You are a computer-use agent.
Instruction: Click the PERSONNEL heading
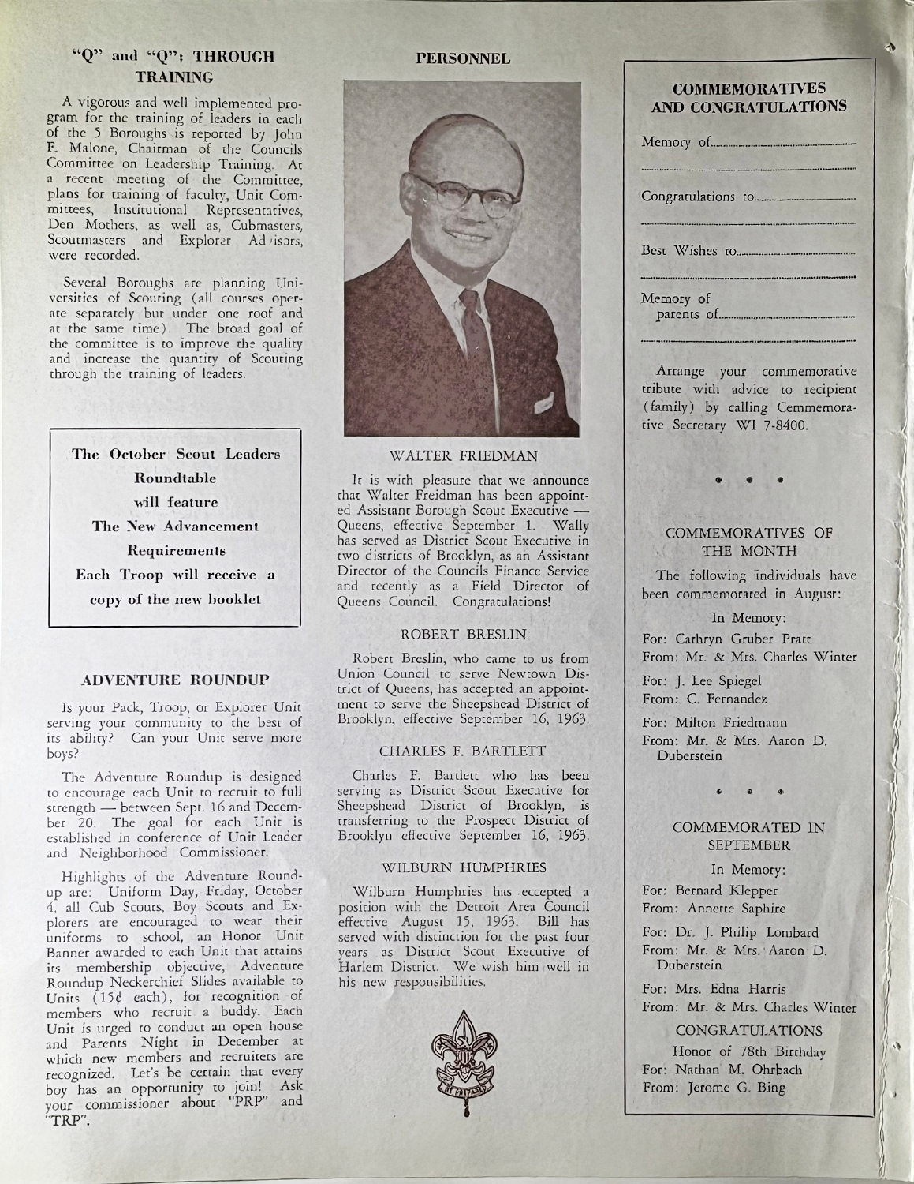pos(463,58)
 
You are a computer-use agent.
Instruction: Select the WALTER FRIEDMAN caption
pos(463,455)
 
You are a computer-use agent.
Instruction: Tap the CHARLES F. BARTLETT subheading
pos(463,751)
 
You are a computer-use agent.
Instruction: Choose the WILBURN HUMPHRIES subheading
pos(463,867)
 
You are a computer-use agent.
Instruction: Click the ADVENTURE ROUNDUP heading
pos(176,679)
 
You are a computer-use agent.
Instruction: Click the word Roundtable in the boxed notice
pos(176,478)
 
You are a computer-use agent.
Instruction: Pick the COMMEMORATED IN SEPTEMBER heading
pos(748,837)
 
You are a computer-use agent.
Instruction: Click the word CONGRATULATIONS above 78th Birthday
pos(748,1031)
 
